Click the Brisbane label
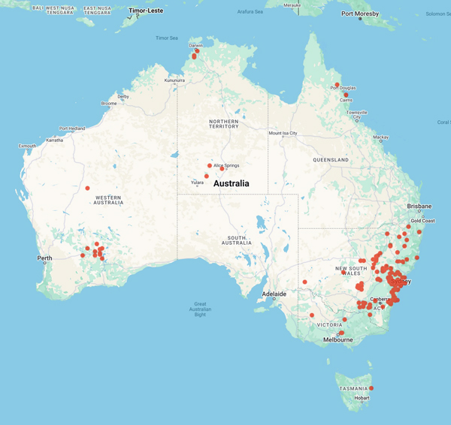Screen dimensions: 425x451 (419, 206)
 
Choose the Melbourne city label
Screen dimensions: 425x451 (337, 339)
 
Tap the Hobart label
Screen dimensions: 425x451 (362, 398)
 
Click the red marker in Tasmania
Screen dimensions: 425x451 (371, 388)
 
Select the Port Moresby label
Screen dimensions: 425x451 (361, 14)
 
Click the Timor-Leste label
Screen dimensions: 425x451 (147, 11)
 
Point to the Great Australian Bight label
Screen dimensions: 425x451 (199, 309)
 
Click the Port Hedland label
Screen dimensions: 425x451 (74, 128)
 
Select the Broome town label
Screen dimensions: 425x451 (108, 103)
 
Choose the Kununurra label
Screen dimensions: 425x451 (175, 80)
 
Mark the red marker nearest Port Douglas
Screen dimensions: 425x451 (337, 84)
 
